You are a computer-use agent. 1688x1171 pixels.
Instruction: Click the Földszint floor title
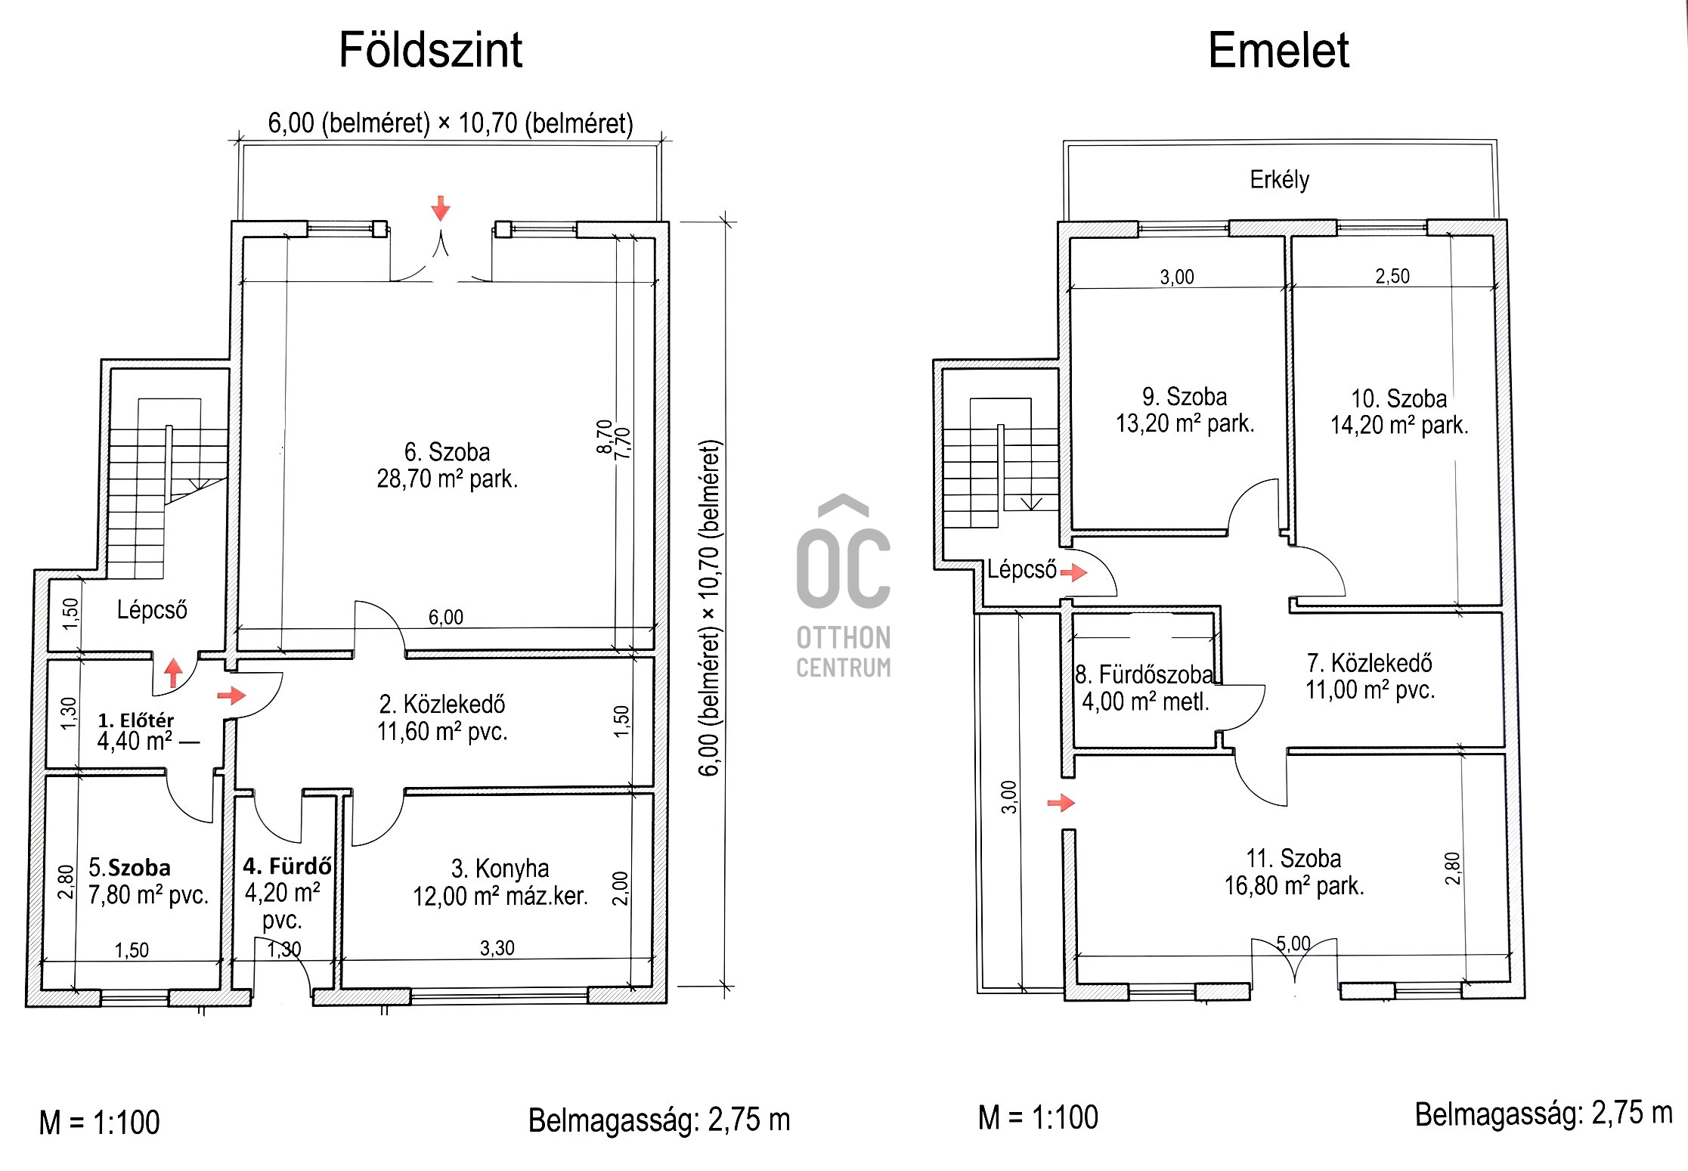(x=430, y=50)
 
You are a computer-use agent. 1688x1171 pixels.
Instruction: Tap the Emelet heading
(x=1278, y=50)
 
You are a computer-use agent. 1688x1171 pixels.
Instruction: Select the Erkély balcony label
(x=1280, y=180)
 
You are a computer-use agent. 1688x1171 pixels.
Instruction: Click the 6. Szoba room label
(x=447, y=452)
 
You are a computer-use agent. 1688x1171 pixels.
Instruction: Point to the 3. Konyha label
(x=500, y=869)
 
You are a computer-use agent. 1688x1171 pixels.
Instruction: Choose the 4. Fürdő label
(x=287, y=866)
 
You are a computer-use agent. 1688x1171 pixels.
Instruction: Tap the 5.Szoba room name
(x=129, y=867)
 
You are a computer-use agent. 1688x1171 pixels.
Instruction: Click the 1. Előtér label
(x=136, y=720)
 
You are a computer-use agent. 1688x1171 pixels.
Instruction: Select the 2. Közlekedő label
(x=442, y=705)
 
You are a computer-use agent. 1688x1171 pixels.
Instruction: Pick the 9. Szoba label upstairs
(x=1185, y=397)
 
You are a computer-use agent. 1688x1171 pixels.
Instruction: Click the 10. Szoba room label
(x=1399, y=398)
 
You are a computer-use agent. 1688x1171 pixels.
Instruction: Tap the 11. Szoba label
(x=1294, y=859)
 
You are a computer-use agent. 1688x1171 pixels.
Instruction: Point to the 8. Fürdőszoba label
(x=1144, y=674)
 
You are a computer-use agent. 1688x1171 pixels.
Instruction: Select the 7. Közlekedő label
(x=1370, y=663)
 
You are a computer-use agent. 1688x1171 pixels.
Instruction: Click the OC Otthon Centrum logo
(x=844, y=587)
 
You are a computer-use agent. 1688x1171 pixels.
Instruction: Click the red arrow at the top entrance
(x=441, y=208)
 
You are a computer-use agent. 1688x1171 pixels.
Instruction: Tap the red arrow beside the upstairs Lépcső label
(x=1073, y=572)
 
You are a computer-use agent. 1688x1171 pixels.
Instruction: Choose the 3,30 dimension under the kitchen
(x=497, y=948)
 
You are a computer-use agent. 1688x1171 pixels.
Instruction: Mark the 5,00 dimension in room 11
(x=1293, y=943)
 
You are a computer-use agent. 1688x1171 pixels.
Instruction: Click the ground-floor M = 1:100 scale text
(x=100, y=1123)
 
